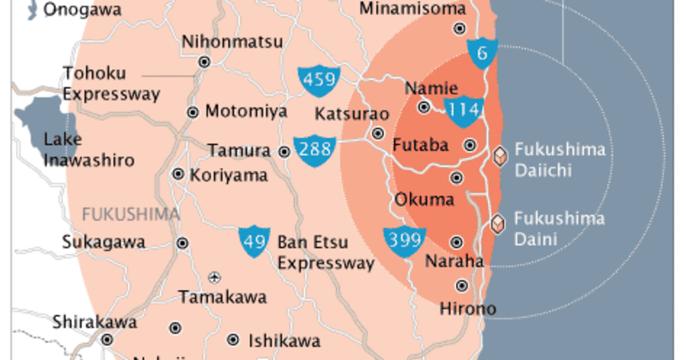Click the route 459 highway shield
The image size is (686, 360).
pyautogui.click(x=319, y=79)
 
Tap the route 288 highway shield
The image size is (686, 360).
pyautogui.click(x=314, y=150)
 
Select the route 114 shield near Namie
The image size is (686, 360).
pyautogui.click(x=464, y=110)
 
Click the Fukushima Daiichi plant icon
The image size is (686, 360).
pyautogui.click(x=501, y=157)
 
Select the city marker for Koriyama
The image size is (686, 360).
pyautogui.click(x=178, y=174)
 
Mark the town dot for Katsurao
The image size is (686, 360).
pyautogui.click(x=378, y=133)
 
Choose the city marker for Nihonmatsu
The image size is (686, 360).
pyautogui.click(x=204, y=62)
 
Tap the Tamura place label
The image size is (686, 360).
pyautogui.click(x=239, y=151)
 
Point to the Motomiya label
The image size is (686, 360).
pyautogui.click(x=246, y=111)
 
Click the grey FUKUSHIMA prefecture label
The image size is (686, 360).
pyautogui.click(x=131, y=214)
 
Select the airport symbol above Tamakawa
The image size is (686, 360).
pyautogui.click(x=215, y=278)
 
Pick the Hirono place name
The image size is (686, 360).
pyautogui.click(x=468, y=309)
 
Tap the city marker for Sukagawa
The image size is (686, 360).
pyautogui.click(x=182, y=243)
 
